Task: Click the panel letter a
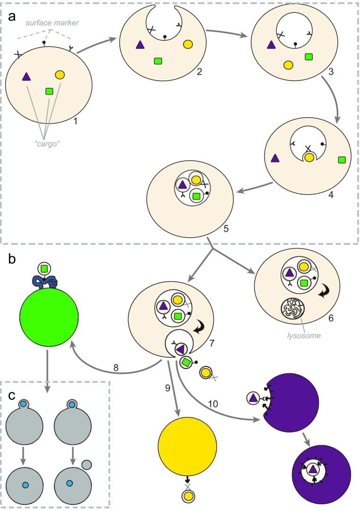[13, 17]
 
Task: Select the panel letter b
[13, 259]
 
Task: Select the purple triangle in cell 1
[26, 76]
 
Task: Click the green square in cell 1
[49, 91]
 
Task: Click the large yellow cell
[187, 447]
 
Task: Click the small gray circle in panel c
[86, 465]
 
